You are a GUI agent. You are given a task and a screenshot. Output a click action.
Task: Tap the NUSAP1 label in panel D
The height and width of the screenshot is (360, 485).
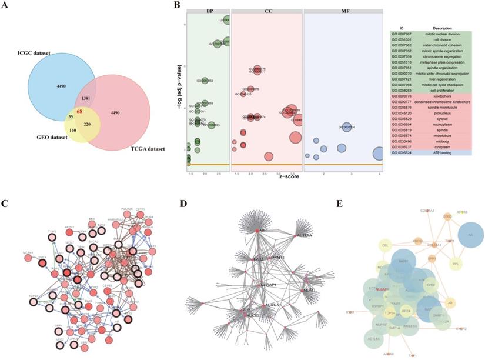coord(267,285)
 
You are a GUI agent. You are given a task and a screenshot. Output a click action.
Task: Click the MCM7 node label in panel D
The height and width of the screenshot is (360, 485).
coord(309,291)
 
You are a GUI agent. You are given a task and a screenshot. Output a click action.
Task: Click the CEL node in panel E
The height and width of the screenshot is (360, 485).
coord(386,245)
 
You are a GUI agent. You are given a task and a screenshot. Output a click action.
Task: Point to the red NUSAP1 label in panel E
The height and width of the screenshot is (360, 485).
coord(382,290)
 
